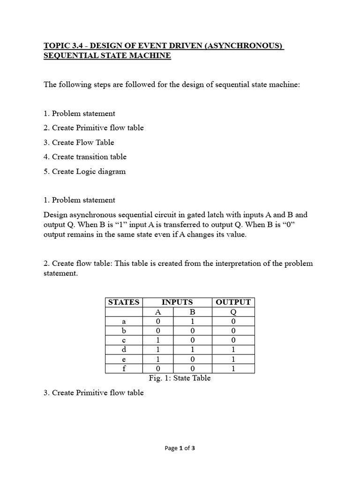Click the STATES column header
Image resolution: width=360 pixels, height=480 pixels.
[124, 302]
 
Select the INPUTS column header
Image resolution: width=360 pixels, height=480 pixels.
[177, 302]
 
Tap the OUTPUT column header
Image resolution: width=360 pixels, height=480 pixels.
[233, 302]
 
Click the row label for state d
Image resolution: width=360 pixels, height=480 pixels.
[124, 350]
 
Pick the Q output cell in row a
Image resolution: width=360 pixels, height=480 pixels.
[233, 322]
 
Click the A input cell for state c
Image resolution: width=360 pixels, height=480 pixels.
[158, 340]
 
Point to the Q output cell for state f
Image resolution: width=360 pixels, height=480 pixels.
[233, 368]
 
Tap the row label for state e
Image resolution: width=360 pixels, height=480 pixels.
[124, 359]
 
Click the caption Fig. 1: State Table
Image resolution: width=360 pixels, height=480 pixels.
[179, 378]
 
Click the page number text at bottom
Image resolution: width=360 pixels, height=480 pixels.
[180, 448]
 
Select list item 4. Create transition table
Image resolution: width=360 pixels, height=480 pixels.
[85, 157]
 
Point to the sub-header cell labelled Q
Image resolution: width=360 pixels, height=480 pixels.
[233, 312]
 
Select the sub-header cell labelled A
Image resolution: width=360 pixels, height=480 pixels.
[158, 312]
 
